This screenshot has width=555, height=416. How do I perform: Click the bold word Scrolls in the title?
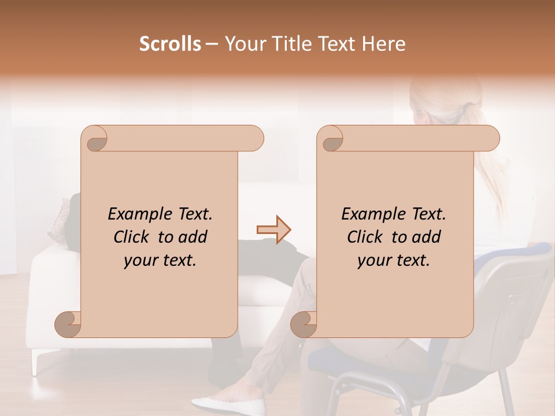point(170,44)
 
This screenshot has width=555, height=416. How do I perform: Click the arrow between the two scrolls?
point(274,229)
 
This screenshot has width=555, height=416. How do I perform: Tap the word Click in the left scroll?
point(134,237)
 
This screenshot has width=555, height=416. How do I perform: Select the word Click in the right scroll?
point(367,237)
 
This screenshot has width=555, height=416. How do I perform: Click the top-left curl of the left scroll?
point(95,140)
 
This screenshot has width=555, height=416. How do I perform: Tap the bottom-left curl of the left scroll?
point(68,324)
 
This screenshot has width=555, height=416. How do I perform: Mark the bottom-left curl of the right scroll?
point(304,324)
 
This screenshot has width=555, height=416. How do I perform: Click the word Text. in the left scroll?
point(194,214)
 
